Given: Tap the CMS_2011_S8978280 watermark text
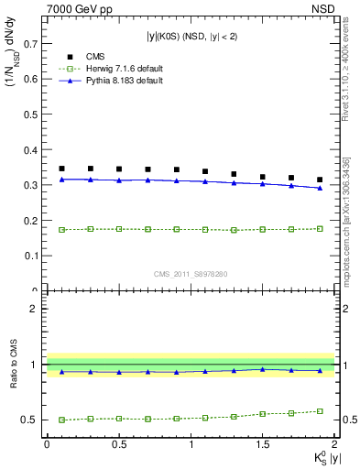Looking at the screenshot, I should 191,274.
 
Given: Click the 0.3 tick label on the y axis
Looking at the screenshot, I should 32,185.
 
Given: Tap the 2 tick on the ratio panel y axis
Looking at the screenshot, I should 35,309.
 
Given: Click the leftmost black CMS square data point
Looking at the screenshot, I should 61,169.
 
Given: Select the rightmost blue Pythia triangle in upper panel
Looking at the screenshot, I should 320,188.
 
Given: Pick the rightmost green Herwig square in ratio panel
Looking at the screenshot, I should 320,411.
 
